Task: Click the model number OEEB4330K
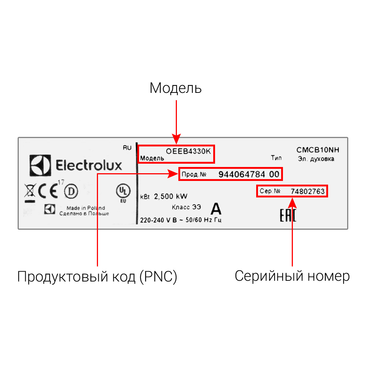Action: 189,150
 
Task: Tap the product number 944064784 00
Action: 249,174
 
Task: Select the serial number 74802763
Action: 308,192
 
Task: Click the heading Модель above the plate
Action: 175,88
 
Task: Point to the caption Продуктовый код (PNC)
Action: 97,277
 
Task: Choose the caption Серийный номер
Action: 292,276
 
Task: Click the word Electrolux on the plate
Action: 88,166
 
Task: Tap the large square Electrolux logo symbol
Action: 39,166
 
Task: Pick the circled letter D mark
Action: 71,191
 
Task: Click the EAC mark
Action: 288,216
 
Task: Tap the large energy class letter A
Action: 216,209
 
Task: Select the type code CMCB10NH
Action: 318,150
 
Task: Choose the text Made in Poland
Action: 86,208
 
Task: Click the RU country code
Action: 127,148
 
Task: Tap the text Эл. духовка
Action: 316,159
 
